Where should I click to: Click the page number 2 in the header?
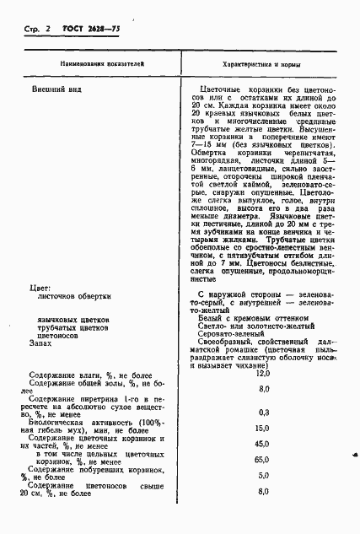pyautogui.click(x=47, y=30)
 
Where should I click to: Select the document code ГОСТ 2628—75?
pyautogui.click(x=89, y=30)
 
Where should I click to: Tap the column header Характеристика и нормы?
pyautogui.click(x=262, y=64)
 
